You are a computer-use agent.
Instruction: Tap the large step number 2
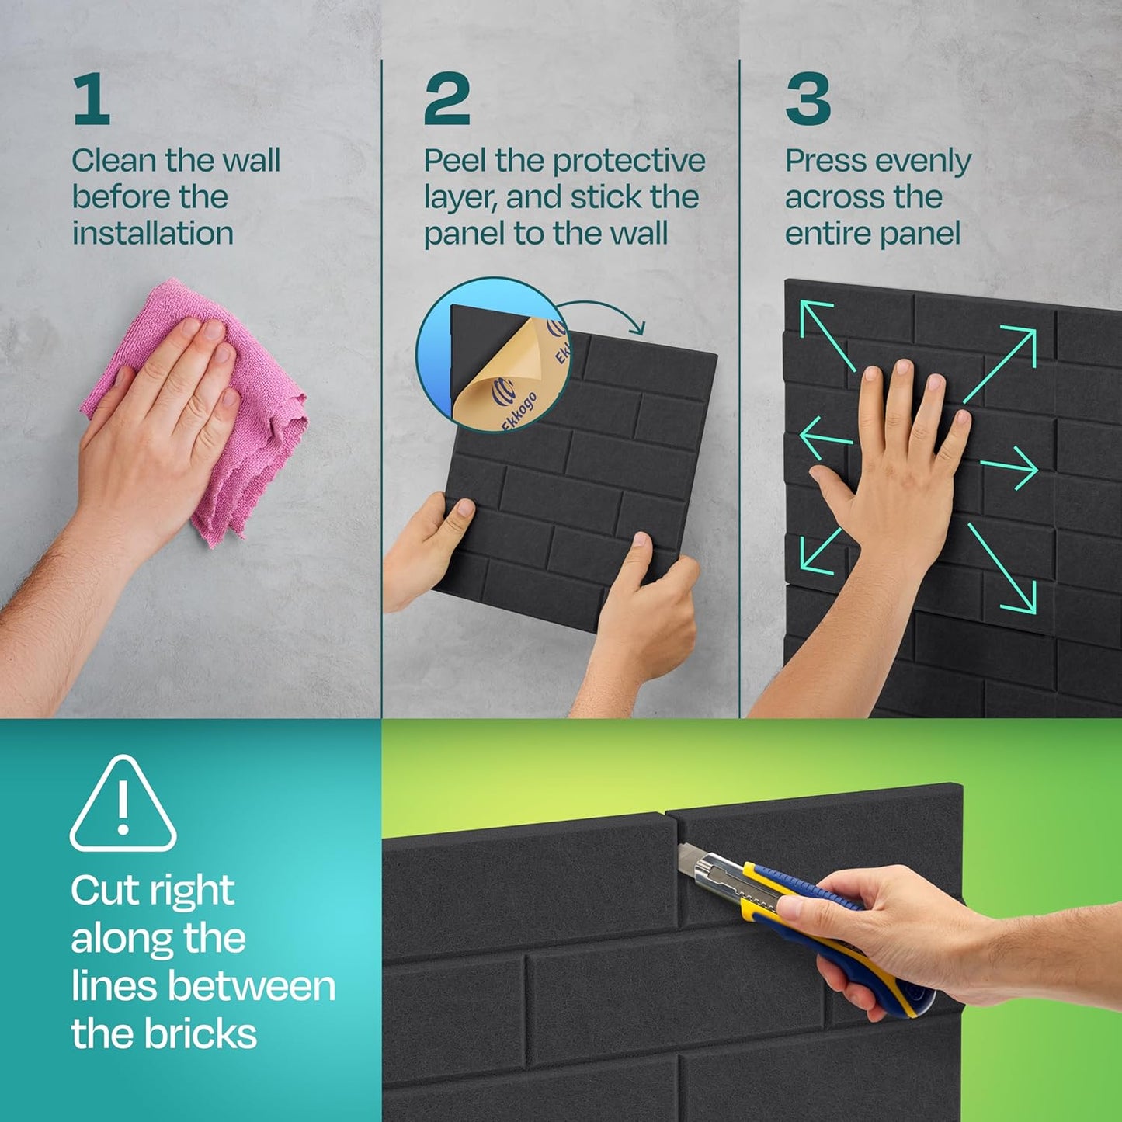coord(446,99)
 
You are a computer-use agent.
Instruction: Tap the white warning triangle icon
coord(123,805)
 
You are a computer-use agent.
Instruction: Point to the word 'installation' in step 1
coord(153,233)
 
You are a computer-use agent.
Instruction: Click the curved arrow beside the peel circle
coord(610,312)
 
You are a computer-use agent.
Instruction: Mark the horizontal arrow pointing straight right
coord(1009,468)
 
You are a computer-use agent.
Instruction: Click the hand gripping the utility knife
coord(877,932)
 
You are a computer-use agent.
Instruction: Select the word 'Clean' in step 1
coord(114,161)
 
